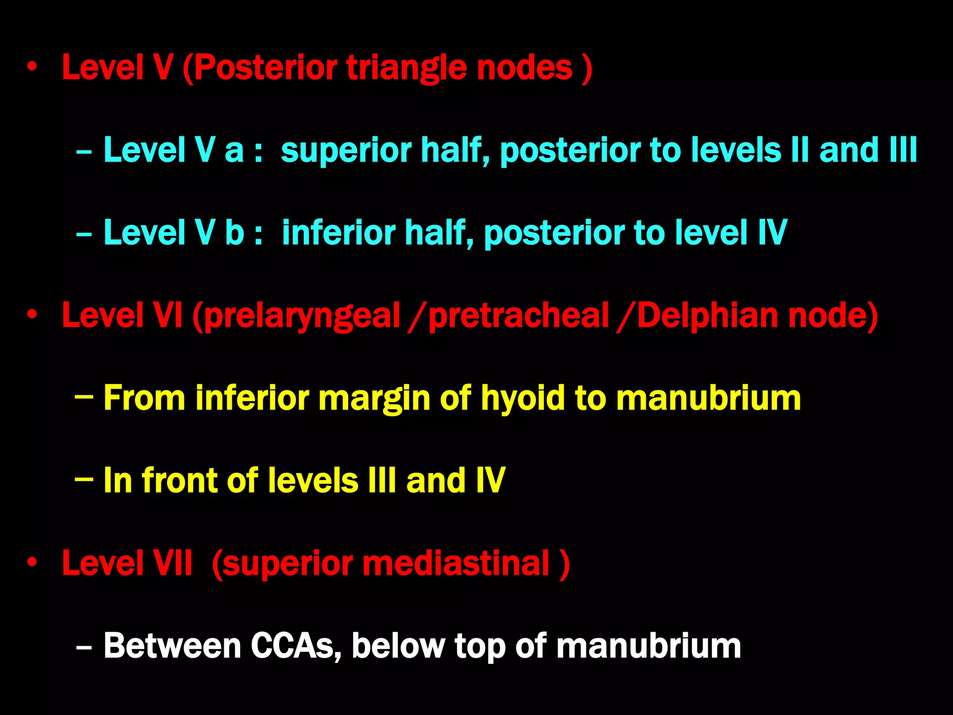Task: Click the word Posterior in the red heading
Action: (x=265, y=68)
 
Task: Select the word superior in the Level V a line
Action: (x=346, y=150)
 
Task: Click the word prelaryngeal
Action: (x=302, y=316)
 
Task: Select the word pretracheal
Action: (x=518, y=316)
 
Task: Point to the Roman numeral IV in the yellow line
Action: (x=490, y=480)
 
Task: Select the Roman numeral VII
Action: (x=173, y=563)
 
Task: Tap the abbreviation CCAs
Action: (x=296, y=646)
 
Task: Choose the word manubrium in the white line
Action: (x=649, y=646)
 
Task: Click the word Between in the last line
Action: (x=172, y=646)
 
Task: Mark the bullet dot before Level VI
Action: (x=32, y=315)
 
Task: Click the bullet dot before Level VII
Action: (x=32, y=563)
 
